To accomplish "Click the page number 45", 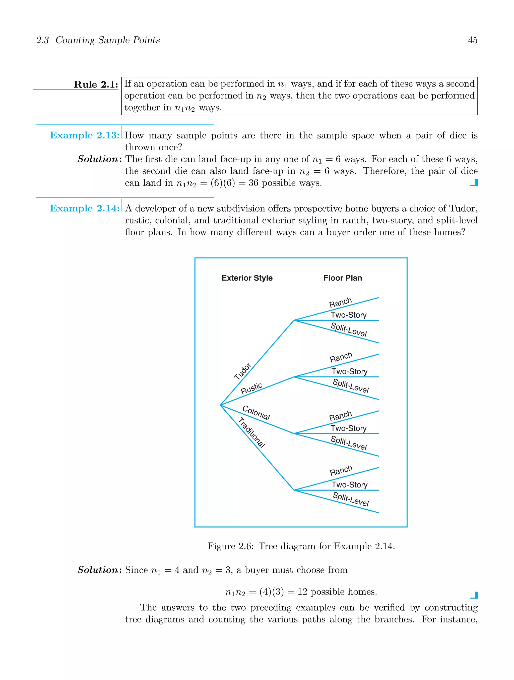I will [x=473, y=40].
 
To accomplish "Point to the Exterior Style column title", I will [x=247, y=278].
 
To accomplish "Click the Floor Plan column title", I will [x=343, y=278].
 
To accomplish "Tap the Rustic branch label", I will [x=251, y=388].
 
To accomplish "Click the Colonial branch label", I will [x=256, y=413].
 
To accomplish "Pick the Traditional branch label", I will [x=251, y=432].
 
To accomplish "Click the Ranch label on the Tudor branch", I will [x=340, y=303].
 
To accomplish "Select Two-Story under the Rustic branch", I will [x=349, y=371].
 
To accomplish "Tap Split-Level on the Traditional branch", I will [x=351, y=499].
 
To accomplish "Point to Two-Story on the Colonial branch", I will [x=349, y=428].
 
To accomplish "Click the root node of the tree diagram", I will [x=221, y=405].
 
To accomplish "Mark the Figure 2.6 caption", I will [x=301, y=546].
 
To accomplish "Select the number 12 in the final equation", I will [x=302, y=592].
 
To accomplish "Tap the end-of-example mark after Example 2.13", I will [x=474, y=183].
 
